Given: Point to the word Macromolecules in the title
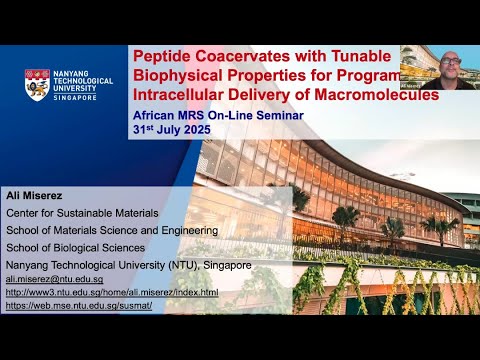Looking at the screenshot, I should tap(384, 97).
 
